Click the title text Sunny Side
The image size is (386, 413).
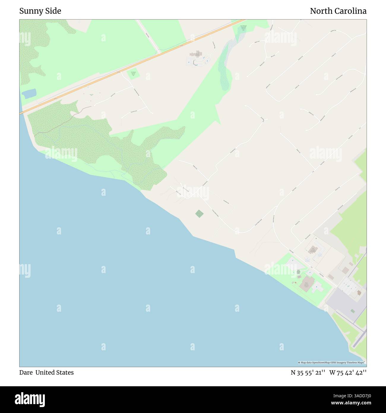(x=40, y=11)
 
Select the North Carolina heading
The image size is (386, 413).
(x=338, y=11)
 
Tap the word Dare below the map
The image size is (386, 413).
(x=26, y=373)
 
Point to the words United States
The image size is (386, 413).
(x=55, y=373)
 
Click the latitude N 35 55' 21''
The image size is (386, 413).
(x=308, y=373)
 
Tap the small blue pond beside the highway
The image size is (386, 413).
(x=29, y=94)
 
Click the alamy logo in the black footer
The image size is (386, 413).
(x=30, y=399)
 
